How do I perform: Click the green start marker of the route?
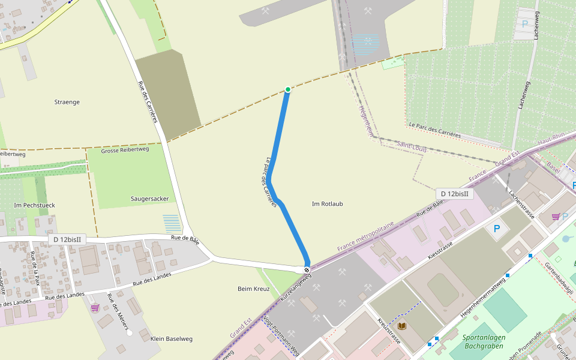pyautogui.click(x=288, y=89)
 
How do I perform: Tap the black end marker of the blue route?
pyautogui.click(x=307, y=270)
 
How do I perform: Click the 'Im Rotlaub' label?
pyautogui.click(x=328, y=204)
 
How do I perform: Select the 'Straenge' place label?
pyautogui.click(x=67, y=102)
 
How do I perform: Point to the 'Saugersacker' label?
pyautogui.click(x=149, y=199)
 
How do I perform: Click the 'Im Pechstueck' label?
pyautogui.click(x=34, y=205)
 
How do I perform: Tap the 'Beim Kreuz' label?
pyautogui.click(x=254, y=289)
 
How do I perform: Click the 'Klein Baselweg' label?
pyautogui.click(x=172, y=339)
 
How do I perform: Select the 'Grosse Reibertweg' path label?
pyautogui.click(x=125, y=150)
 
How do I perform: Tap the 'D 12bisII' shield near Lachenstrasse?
pyautogui.click(x=455, y=194)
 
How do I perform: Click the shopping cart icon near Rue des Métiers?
pyautogui.click(x=95, y=308)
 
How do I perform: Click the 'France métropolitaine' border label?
pyautogui.click(x=365, y=236)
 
